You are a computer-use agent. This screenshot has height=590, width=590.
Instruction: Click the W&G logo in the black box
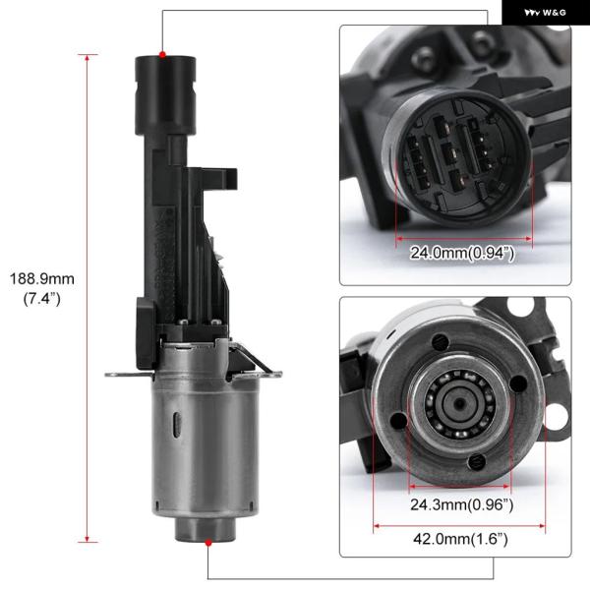[545, 13]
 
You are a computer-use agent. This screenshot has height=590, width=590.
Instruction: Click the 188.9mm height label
[41, 279]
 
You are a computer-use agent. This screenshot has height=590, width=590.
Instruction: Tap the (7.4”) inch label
[41, 299]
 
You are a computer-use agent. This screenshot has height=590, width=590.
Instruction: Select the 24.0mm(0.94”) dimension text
[462, 253]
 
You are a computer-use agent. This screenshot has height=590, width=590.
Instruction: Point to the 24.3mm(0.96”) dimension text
[462, 504]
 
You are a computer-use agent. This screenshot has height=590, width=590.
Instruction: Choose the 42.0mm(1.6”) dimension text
[460, 539]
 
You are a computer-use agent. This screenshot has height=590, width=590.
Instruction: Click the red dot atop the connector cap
[162, 55]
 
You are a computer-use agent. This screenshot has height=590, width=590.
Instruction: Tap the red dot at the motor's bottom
[208, 542]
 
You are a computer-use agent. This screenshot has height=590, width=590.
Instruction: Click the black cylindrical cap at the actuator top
[165, 94]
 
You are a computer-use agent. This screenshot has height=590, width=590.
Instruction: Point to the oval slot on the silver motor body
[177, 425]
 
